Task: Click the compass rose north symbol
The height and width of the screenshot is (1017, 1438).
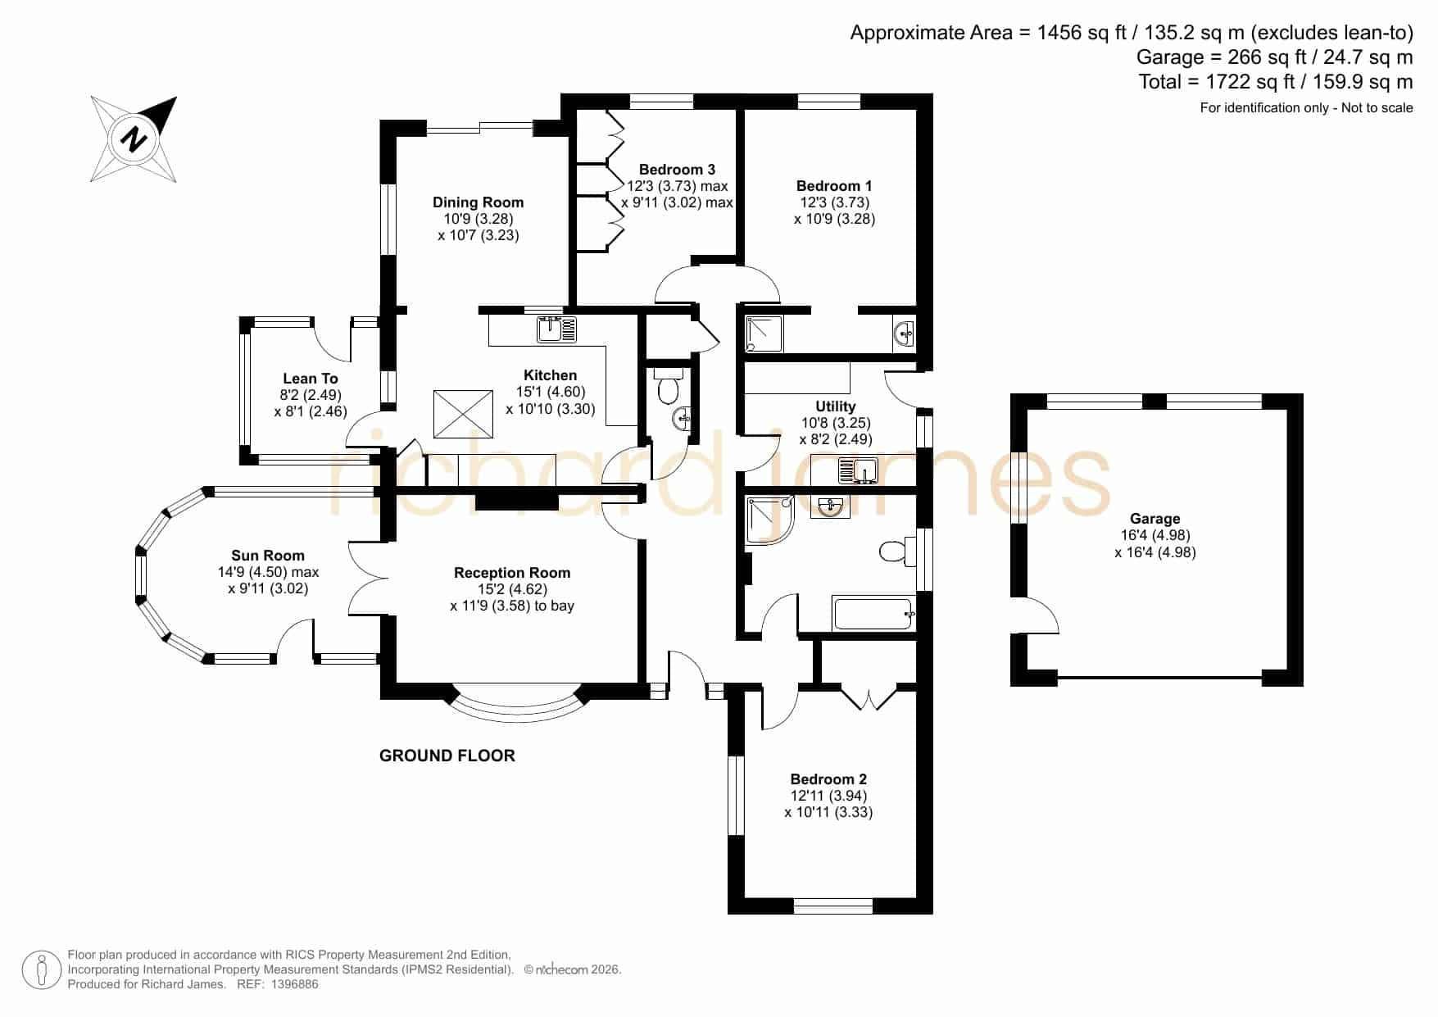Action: [134, 139]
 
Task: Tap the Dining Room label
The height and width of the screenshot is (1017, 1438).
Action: [478, 202]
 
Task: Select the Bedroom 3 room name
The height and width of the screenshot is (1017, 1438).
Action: [677, 170]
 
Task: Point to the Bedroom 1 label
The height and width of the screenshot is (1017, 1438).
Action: [834, 186]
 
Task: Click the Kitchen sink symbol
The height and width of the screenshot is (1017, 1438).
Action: [556, 329]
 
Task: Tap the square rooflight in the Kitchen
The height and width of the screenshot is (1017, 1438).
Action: [464, 415]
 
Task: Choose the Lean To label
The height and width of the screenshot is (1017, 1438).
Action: [310, 379]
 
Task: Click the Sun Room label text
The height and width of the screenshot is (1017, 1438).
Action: [267, 556]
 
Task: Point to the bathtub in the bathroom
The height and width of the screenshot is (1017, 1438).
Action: [873, 613]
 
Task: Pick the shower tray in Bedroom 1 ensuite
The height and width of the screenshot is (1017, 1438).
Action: [764, 334]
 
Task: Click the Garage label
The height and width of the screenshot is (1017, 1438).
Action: [1154, 519]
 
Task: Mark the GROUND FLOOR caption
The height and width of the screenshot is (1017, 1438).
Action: [447, 756]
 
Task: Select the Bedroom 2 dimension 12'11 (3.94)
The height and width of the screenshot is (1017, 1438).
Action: [828, 796]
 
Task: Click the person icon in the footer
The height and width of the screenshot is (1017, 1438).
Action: [41, 970]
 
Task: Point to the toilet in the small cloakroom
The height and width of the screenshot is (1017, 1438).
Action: [669, 388]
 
